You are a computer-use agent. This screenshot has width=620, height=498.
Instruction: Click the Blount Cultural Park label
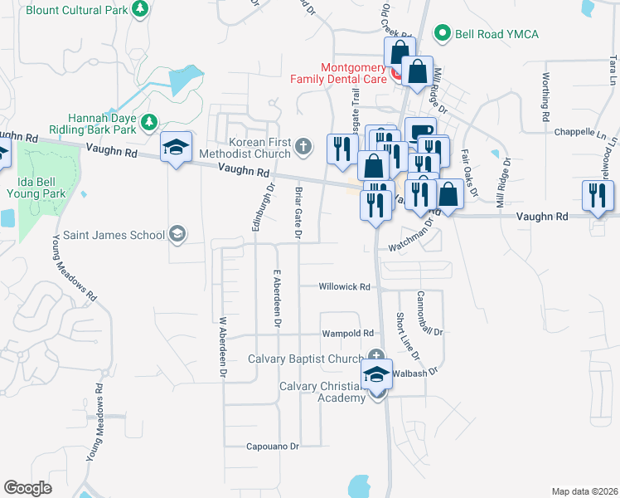78,10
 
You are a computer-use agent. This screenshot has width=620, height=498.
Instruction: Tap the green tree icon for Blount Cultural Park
141,9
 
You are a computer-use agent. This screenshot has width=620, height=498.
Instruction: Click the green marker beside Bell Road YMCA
443,34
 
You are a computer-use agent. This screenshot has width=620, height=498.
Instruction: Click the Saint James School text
105,235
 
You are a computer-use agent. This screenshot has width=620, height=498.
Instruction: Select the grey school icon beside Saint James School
177,235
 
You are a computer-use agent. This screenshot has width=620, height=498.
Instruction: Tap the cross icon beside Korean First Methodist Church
303,148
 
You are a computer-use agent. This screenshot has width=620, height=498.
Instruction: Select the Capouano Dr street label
272,447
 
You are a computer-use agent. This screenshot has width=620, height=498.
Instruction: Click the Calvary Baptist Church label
305,359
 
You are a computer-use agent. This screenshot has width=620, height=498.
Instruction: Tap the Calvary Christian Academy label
322,392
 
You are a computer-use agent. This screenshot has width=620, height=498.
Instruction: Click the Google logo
27,487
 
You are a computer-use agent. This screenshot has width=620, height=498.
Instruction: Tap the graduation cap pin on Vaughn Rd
176,147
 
